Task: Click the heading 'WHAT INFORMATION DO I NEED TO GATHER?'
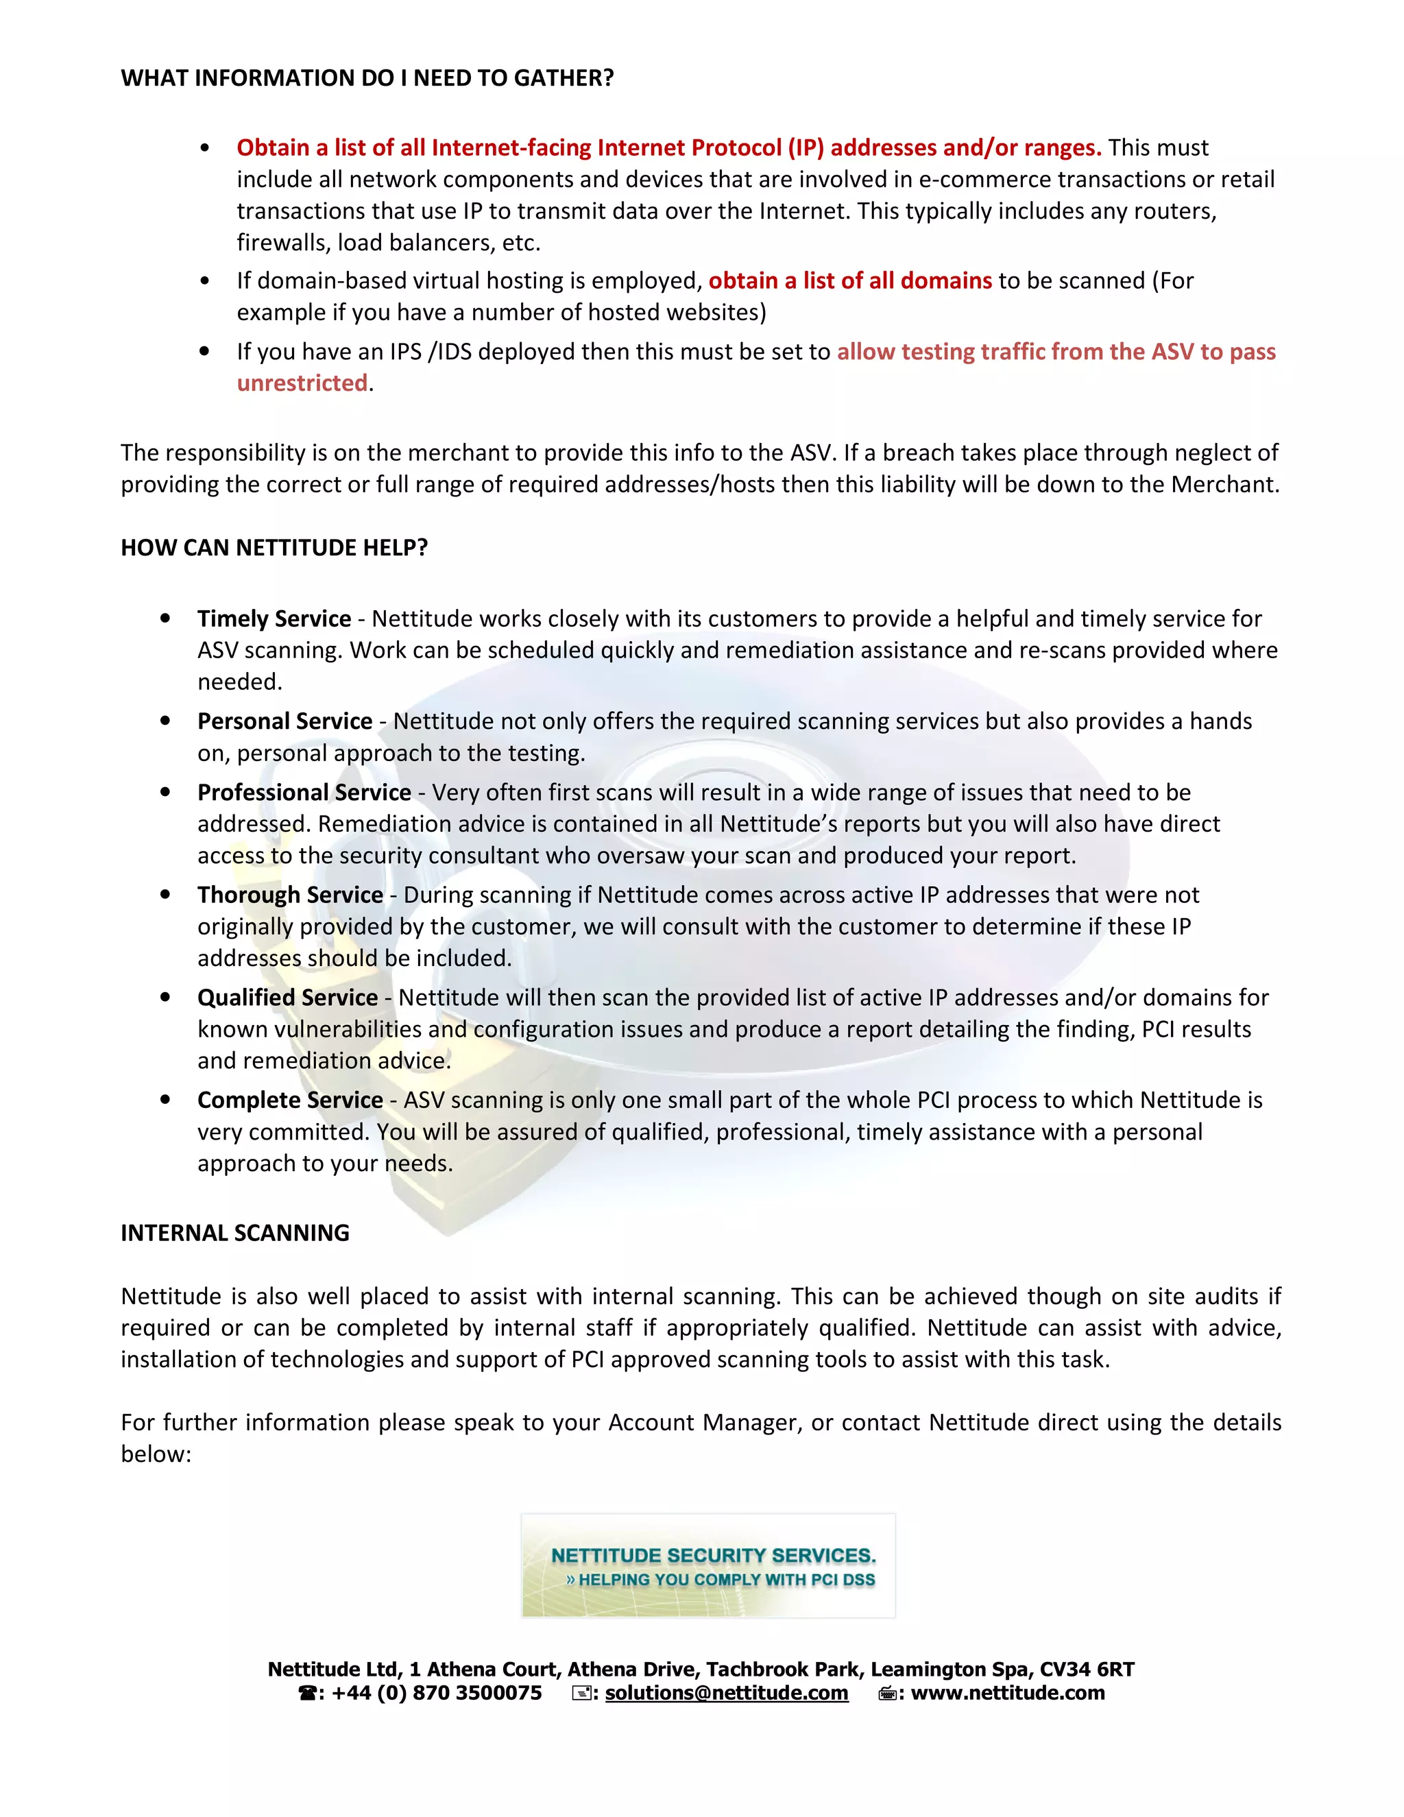click(x=367, y=78)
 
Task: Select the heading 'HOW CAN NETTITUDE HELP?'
click(x=274, y=547)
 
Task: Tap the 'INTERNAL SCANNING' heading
click(x=234, y=1233)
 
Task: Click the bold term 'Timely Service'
click(x=274, y=619)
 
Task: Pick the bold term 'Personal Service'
click(x=285, y=721)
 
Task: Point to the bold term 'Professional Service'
click(x=304, y=793)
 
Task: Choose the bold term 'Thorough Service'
click(x=289, y=895)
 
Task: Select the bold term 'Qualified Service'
click(x=287, y=998)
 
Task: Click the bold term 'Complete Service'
click(x=289, y=1100)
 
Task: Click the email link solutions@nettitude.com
click(x=726, y=1693)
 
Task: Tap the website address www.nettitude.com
click(x=1007, y=1693)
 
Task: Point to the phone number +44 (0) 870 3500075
click(x=436, y=1693)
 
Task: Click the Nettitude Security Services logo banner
click(x=707, y=1566)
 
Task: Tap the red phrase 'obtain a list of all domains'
click(x=850, y=281)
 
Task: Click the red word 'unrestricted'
click(x=302, y=383)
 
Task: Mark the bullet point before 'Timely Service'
click(x=165, y=618)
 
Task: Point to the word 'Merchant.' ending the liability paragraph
click(x=1224, y=485)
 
